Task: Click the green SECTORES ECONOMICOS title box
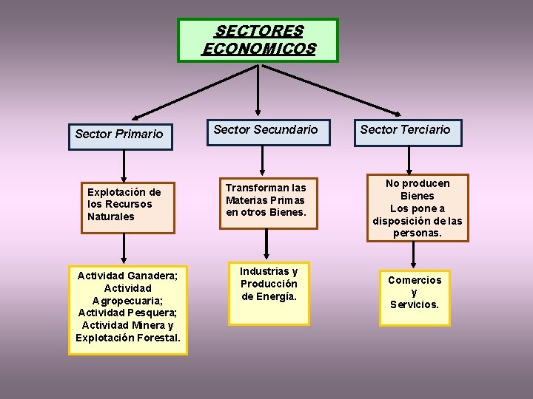258,40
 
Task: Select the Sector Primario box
121,134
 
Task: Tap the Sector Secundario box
266,130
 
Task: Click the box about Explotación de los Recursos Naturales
127,205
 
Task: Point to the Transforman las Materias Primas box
266,200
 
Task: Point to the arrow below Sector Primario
124,166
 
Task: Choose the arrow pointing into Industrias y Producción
266,245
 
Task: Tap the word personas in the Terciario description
417,233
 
